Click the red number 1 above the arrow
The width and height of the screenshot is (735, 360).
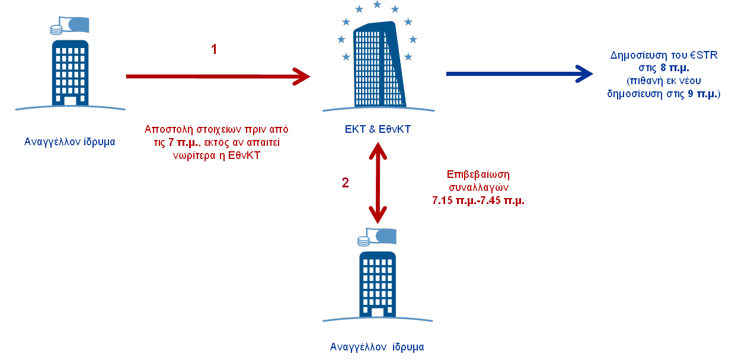point(214,49)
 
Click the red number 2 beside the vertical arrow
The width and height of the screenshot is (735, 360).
point(346,183)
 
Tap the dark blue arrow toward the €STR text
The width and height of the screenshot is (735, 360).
point(519,74)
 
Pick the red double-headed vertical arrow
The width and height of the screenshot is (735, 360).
point(378,184)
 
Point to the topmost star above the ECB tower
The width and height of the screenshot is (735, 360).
point(377,5)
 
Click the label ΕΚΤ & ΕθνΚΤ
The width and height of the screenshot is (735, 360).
point(377,129)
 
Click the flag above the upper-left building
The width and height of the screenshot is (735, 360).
point(77,25)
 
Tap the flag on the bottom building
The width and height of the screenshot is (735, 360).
point(383,236)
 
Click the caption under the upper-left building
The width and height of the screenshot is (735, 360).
point(70,142)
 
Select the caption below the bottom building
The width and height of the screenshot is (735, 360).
point(377,347)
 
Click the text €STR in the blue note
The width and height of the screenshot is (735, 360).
point(705,56)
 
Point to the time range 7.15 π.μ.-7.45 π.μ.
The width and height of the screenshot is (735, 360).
point(478,200)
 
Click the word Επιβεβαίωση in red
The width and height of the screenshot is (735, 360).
point(478,175)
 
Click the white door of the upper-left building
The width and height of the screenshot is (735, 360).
point(70,101)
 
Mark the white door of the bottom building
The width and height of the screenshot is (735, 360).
point(377,312)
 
